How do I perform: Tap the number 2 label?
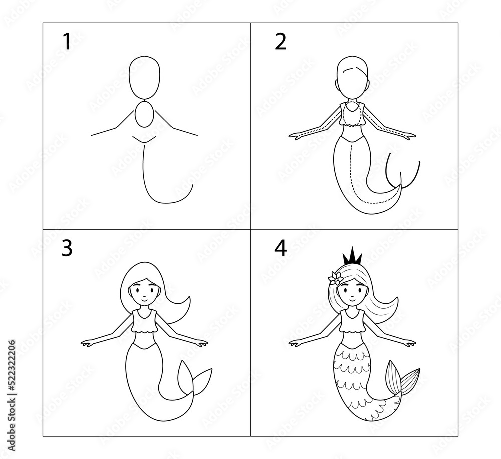[281, 42]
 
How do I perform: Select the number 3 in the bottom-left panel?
[67, 248]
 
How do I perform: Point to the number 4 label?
[281, 248]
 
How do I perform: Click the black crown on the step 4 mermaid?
[352, 256]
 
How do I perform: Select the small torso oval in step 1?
[145, 115]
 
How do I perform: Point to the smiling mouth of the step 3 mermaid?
[144, 299]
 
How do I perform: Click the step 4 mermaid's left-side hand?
[296, 343]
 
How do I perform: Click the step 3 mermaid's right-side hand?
[201, 343]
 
